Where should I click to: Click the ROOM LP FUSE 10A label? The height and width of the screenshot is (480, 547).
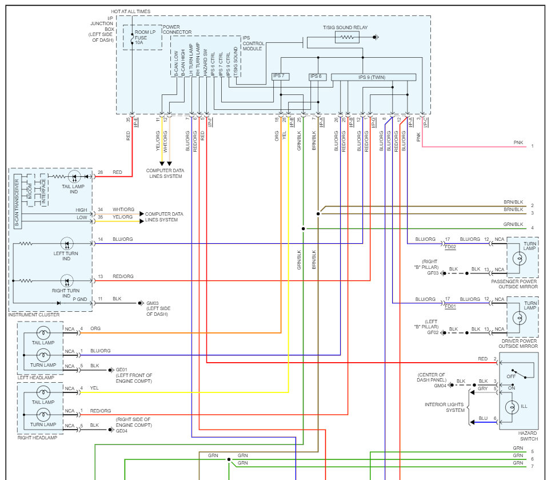145,37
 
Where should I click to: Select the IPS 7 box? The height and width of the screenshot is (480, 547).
281,77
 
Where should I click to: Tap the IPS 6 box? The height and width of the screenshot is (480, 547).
317,77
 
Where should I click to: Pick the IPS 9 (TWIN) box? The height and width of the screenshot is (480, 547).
373,77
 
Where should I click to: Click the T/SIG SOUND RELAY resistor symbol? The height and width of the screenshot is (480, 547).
347,37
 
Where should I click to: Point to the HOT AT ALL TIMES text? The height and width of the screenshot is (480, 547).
130,11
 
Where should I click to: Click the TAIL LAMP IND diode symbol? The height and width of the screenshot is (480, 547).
74,177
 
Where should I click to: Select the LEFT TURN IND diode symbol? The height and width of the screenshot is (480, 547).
67,244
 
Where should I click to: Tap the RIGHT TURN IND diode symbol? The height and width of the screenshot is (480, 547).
67,281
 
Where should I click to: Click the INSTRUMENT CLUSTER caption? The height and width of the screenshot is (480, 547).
34,315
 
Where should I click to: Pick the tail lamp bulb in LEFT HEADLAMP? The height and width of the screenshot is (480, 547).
43,333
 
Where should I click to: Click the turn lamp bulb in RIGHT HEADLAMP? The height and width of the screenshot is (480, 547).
43,415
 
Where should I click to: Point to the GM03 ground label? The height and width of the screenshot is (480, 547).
153,303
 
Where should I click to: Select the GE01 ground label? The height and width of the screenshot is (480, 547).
121,370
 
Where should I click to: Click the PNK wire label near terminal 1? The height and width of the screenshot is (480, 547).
518,142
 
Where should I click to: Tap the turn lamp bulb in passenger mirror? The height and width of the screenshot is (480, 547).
520,259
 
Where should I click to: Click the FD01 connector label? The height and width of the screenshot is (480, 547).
450,307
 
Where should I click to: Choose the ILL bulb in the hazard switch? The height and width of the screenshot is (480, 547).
512,407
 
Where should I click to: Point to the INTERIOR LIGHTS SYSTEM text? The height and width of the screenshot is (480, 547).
445,407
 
